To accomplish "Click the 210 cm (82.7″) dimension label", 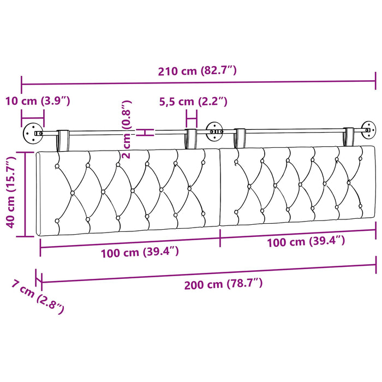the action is point(197,71).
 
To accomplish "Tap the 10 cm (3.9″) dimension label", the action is point(38,101).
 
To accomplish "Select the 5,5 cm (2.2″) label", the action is point(193,102).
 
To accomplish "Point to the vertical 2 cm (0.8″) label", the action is point(127,129).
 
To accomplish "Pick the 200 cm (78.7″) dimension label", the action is point(223,284).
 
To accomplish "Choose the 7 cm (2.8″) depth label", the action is point(38,297).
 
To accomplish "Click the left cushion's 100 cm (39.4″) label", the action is point(140,252).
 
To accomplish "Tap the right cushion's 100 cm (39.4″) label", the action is point(306,242).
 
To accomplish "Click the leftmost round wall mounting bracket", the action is point(33,133).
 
